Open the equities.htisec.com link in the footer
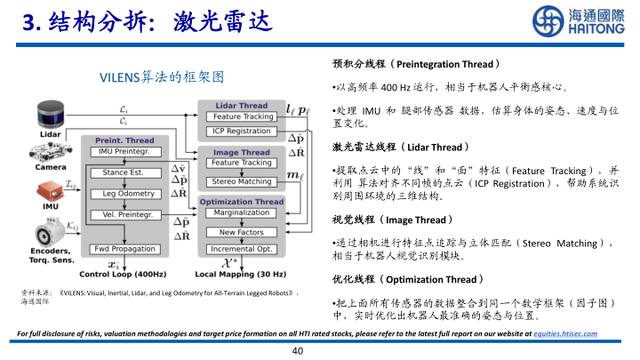coord(565,333)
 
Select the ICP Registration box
coord(243,131)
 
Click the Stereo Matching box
coord(243,181)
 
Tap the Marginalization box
coord(243,212)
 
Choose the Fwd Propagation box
coord(124,249)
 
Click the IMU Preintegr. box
coord(124,151)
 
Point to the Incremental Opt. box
coord(243,250)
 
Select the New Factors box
coord(243,232)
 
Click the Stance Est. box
coord(124,172)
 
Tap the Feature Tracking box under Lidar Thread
coord(243,116)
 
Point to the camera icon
coord(50,151)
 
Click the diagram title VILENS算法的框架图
coord(161,77)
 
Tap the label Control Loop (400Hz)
coord(124,275)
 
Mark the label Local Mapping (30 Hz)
coord(240,275)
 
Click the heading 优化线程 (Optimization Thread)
coord(406,280)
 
